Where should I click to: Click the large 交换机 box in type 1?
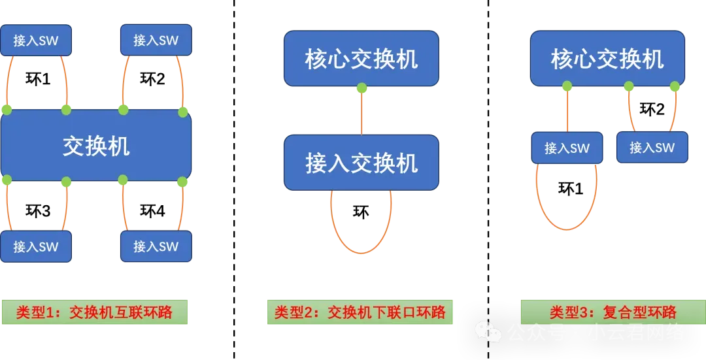tap(96, 145)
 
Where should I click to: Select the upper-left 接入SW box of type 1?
tap(36, 41)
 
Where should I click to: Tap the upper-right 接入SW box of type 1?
tap(156, 40)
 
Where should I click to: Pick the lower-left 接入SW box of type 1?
tap(36, 246)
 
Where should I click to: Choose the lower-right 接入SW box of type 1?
tap(156, 246)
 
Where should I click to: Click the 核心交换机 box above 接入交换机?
tap(361, 59)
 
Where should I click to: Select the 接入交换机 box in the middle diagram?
tap(361, 163)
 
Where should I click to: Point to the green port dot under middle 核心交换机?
tap(361, 88)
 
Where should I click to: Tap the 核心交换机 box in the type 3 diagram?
tap(607, 59)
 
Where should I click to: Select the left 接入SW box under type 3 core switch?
tap(567, 148)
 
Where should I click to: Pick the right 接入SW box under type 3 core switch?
tap(652, 147)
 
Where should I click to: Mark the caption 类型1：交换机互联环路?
tap(95, 312)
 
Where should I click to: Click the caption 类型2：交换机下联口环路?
tap(360, 312)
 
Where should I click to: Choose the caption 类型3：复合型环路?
tap(613, 312)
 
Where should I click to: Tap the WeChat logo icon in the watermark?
tap(488, 332)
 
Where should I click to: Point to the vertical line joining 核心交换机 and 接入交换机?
tap(361, 112)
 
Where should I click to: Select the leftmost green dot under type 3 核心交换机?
tap(567, 86)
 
